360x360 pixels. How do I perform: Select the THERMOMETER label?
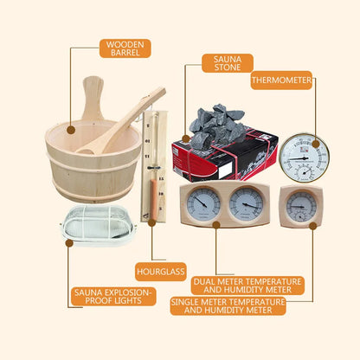[281, 80]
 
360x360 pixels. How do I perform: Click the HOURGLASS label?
[160, 273]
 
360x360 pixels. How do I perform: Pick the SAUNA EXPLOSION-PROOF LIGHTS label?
[113, 298]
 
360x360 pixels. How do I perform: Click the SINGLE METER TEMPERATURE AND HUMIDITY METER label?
[228, 305]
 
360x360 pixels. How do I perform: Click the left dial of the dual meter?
[202, 205]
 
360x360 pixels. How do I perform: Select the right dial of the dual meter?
[245, 205]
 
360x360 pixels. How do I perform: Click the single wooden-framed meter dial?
[300, 206]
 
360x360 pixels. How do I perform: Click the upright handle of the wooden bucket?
[93, 100]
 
